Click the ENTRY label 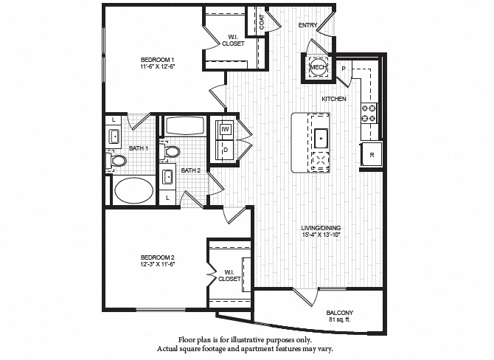(x=307, y=25)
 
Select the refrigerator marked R (x=371, y=155)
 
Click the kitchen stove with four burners (x=369, y=113)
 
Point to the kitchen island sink (x=321, y=137)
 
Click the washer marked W (x=226, y=130)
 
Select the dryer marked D (x=226, y=148)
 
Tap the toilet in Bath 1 (x=118, y=160)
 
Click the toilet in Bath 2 (x=173, y=151)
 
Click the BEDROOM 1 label (x=159, y=59)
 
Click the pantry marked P (x=343, y=69)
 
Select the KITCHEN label (x=334, y=98)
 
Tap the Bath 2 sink (x=167, y=177)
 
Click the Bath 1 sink (x=115, y=136)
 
